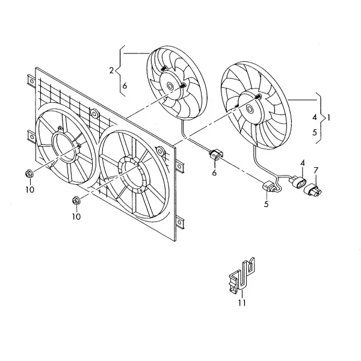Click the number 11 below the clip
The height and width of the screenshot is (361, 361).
click(242, 303)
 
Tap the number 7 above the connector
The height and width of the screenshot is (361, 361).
click(316, 170)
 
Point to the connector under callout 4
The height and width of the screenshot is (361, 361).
click(298, 182)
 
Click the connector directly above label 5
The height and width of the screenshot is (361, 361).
click(270, 186)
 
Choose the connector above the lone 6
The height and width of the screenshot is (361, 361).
click(216, 155)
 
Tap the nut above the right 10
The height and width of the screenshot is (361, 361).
click(76, 200)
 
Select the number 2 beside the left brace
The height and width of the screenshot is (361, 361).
click(111, 70)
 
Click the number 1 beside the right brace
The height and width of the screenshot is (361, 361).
click(329, 118)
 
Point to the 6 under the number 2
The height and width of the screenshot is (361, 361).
click(125, 85)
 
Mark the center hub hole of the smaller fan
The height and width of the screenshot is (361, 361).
click(171, 86)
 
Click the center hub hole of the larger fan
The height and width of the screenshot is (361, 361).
click(250, 109)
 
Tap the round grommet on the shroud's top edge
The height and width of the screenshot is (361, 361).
click(94, 114)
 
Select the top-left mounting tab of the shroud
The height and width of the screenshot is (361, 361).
click(31, 81)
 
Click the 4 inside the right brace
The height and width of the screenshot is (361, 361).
click(315, 117)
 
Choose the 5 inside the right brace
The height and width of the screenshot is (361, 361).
click(315, 132)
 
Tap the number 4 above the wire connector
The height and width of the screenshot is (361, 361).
click(303, 163)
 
